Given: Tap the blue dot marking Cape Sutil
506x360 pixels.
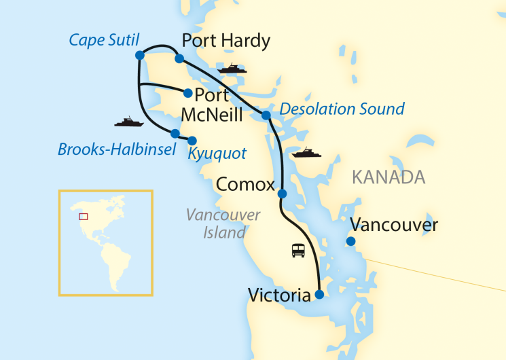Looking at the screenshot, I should tap(139, 55).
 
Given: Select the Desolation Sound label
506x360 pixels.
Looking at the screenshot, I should tap(342, 109).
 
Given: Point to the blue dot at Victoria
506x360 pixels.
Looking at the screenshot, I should tap(319, 295).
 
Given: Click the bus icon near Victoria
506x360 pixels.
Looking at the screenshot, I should tap(298, 251).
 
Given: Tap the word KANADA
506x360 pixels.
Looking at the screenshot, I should tap(388, 178).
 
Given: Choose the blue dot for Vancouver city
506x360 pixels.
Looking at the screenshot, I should tap(350, 241).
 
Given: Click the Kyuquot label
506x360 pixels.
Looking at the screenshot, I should tap(217, 154).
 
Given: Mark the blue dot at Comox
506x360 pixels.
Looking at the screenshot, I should tap(283, 194).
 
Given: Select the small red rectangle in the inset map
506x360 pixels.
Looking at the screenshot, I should tap(84, 216).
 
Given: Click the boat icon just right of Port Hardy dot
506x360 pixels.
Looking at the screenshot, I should tap(231, 69).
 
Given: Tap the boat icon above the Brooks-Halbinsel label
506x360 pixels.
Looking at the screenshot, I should tap(128, 122).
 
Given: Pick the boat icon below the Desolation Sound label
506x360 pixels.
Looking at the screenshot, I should tap(306, 153).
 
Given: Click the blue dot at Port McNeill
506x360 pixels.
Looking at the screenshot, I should tap(188, 93).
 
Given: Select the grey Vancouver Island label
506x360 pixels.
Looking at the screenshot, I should tap(223, 223).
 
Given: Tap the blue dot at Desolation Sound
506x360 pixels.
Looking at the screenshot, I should tap(266, 115).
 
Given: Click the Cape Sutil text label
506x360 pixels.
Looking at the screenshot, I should tap(104, 41).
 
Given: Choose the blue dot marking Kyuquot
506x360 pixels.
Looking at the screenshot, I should tap(192, 141).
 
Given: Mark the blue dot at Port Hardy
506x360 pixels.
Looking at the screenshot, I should tap(179, 59).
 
